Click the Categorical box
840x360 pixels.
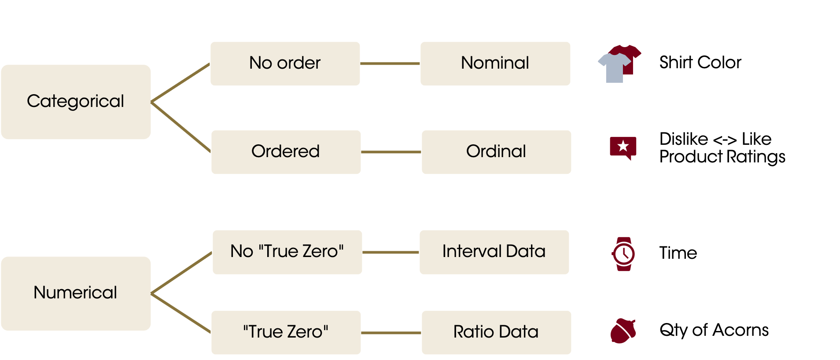[x=76, y=102]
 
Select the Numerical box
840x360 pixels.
[x=76, y=294]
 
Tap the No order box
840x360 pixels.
[x=285, y=64]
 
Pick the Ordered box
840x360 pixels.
[x=286, y=152]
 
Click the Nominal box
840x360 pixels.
[x=495, y=64]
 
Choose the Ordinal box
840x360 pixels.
[x=496, y=152]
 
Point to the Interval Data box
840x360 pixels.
[x=494, y=252]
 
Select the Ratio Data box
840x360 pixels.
[x=496, y=333]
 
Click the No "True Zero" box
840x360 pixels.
[x=287, y=252]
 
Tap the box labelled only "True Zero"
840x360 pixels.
[x=286, y=333]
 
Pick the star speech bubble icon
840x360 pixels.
[x=623, y=147]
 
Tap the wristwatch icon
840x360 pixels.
[x=623, y=254]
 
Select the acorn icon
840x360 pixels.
[x=623, y=331]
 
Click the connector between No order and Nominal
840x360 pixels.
[x=390, y=64]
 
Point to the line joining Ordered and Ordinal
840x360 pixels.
[x=391, y=152]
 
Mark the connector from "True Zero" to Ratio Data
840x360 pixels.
[x=391, y=333]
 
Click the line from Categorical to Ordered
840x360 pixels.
[x=181, y=127]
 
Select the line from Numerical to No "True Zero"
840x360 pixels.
[x=181, y=273]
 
